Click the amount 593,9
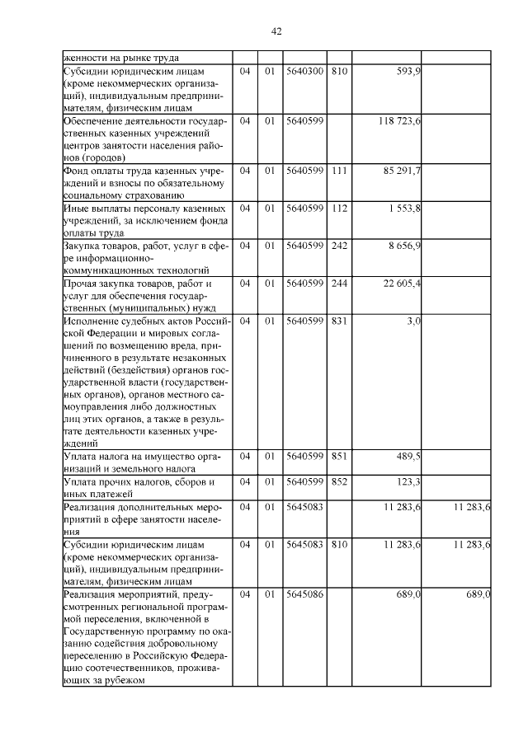[408, 72]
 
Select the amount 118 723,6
[400, 121]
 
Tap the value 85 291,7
[403, 171]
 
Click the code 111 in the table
[338, 171]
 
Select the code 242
[338, 246]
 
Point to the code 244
[338, 283]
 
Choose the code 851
[338, 456]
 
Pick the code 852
[338, 481]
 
